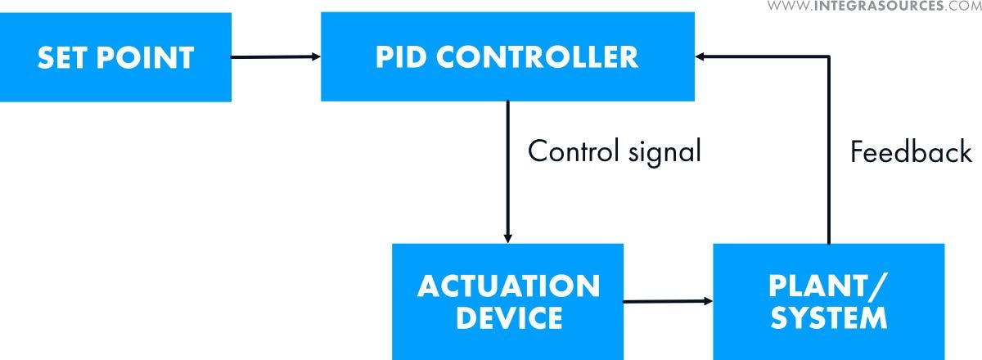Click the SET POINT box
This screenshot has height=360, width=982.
click(115, 58)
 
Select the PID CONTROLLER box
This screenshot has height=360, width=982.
click(507, 57)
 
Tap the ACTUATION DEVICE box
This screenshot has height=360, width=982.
click(507, 301)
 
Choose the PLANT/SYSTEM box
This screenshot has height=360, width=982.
click(828, 301)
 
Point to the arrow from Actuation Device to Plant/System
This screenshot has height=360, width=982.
click(667, 301)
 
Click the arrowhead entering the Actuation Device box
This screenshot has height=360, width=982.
click(507, 238)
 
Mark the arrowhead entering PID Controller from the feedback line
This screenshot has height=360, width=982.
click(701, 56)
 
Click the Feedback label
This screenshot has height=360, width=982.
click(911, 152)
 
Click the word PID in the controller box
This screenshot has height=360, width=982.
click(401, 57)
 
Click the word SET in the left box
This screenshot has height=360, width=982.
click(64, 58)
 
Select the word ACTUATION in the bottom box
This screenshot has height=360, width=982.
click(508, 286)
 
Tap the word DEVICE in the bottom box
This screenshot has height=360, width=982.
click(508, 317)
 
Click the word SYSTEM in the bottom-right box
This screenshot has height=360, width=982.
click(828, 317)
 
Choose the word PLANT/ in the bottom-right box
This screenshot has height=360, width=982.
click(828, 286)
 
